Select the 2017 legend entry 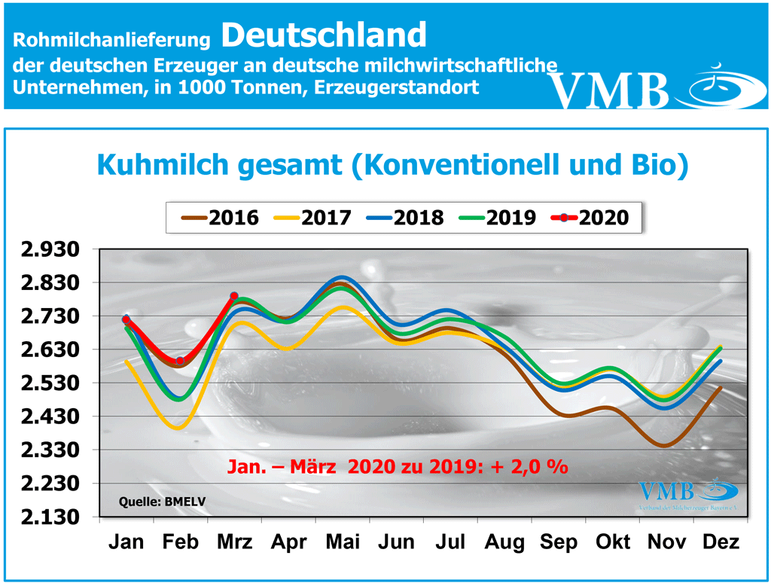[x=312, y=218]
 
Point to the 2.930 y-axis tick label [x=52, y=249]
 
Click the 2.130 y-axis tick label [x=52, y=517]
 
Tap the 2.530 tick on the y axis [x=52, y=383]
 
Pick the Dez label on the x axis [x=720, y=542]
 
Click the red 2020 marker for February [x=180, y=361]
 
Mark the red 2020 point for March [x=234, y=297]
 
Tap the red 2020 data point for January [x=126, y=320]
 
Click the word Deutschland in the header [x=324, y=34]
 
